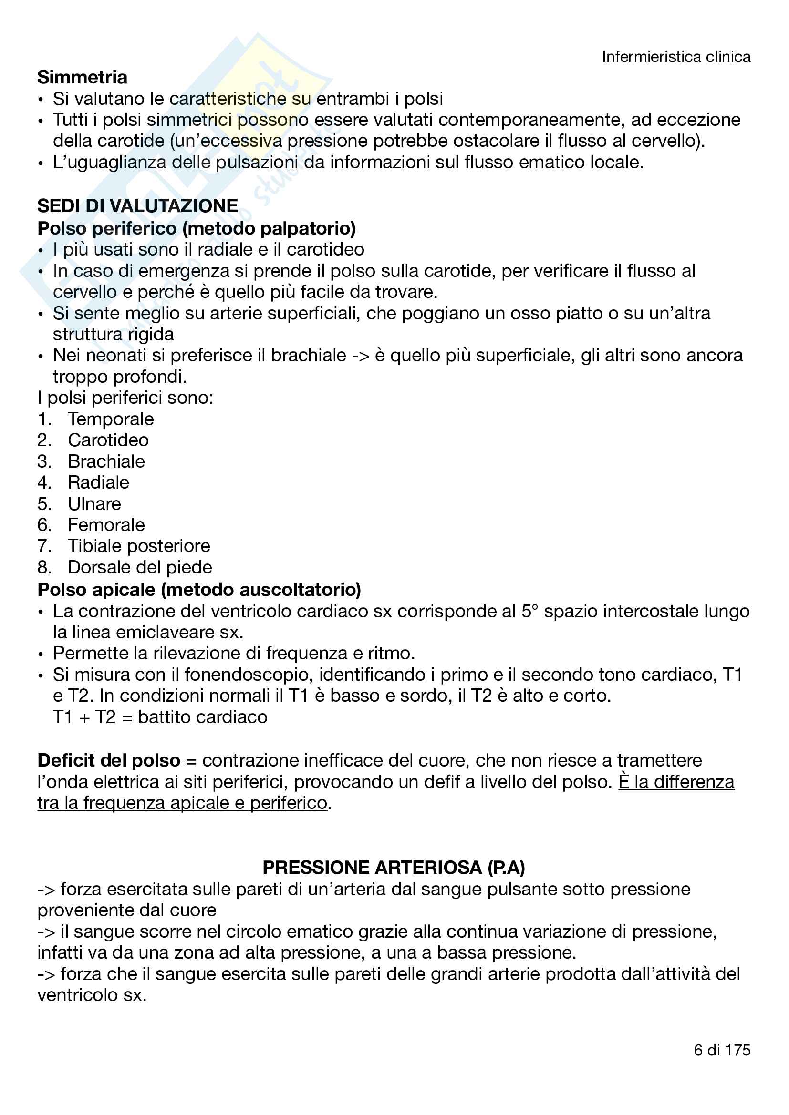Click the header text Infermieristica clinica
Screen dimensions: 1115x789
[x=676, y=57]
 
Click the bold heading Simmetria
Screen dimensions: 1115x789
[x=82, y=77]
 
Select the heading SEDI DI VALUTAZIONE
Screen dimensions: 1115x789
[x=137, y=206]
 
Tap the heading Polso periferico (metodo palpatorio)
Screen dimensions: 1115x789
[x=196, y=228]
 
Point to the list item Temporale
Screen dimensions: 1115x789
[x=110, y=419]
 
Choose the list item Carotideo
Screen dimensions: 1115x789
[x=108, y=440]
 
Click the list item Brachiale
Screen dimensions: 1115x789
[x=106, y=461]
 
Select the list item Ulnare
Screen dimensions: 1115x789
[x=94, y=504]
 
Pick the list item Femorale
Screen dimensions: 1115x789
[x=106, y=525]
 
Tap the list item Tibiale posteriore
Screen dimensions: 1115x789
[x=138, y=546]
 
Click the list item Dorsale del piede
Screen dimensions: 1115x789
[x=139, y=567]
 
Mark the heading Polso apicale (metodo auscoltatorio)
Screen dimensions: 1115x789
[x=199, y=590]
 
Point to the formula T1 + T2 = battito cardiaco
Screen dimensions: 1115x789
[x=160, y=717]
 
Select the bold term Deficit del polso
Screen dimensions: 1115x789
[x=108, y=760]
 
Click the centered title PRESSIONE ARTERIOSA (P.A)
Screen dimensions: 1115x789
[x=394, y=868]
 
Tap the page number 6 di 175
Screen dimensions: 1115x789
[x=722, y=1051]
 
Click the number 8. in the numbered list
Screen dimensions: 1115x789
[x=44, y=567]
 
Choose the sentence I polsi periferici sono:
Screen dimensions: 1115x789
[x=125, y=398]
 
